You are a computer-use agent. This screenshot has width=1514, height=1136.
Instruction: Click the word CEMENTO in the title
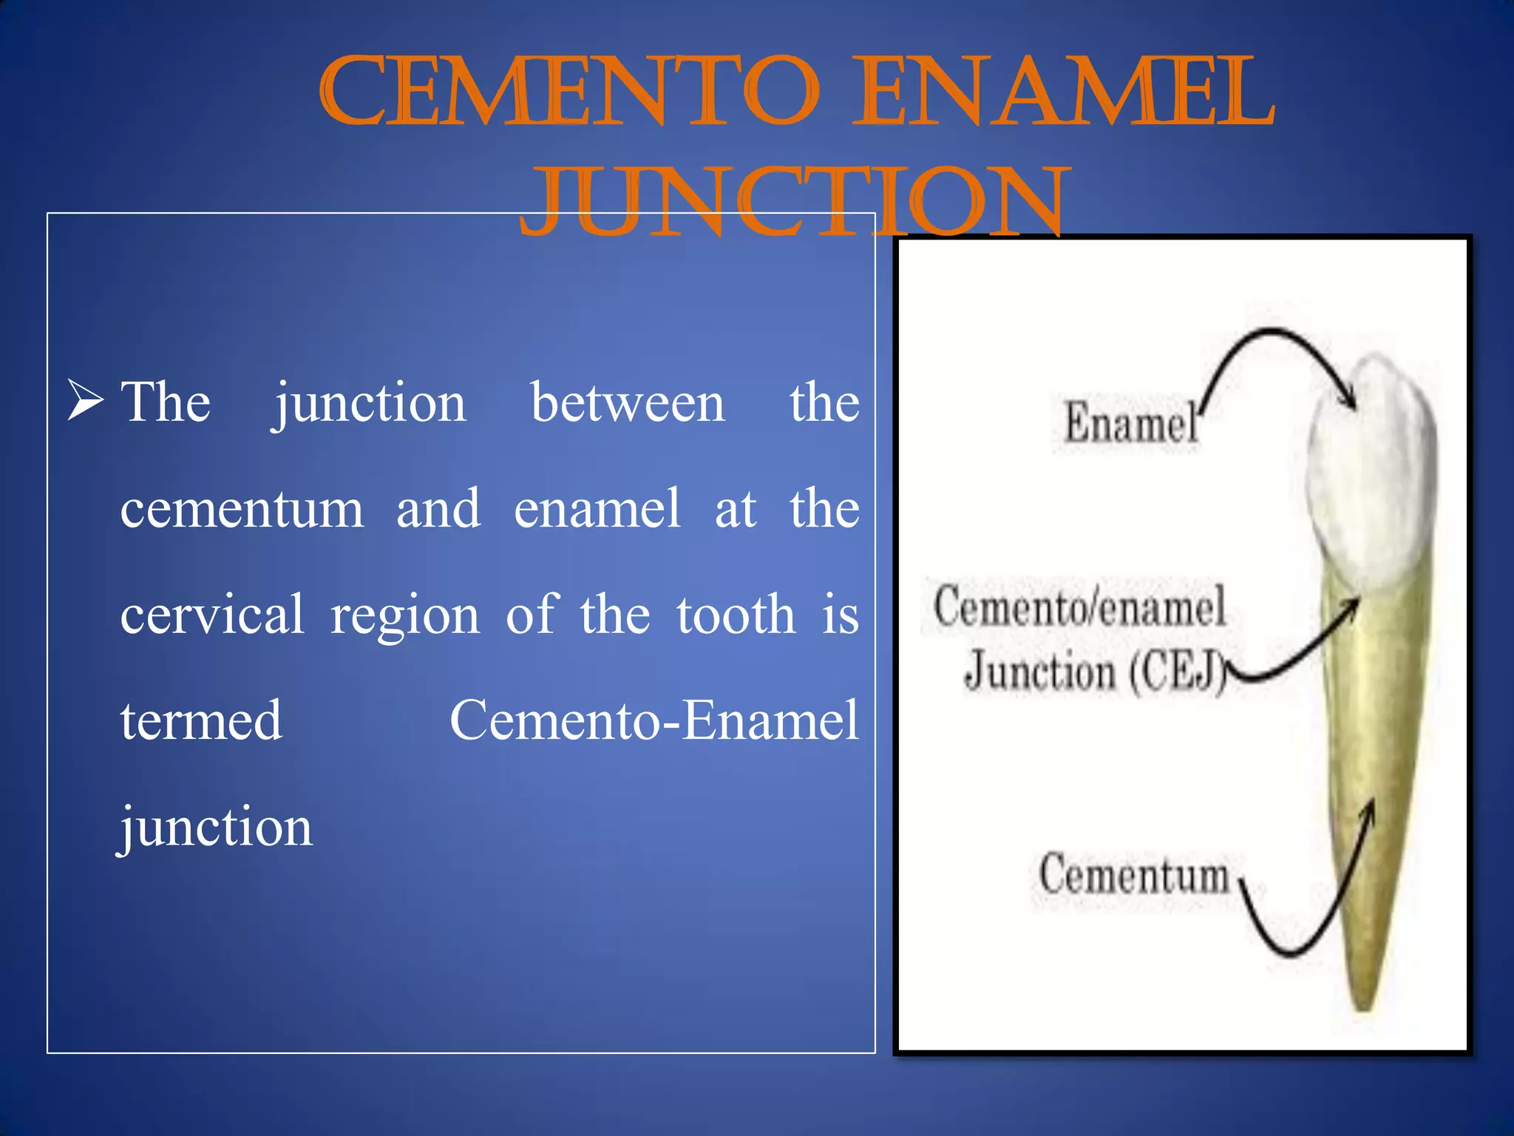tap(569, 92)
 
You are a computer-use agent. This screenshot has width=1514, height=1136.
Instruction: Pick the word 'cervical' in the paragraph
tap(211, 615)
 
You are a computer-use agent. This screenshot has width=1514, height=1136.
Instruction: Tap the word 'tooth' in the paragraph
tap(736, 615)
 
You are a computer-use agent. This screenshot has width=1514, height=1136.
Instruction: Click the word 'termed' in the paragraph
tap(201, 720)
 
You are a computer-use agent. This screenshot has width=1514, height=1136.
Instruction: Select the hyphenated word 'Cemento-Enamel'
tap(654, 720)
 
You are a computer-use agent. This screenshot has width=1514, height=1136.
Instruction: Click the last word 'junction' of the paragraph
tap(216, 827)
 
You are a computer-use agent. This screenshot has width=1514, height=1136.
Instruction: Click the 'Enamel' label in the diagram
tap(1130, 423)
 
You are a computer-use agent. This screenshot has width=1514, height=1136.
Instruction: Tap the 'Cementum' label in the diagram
tap(1133, 874)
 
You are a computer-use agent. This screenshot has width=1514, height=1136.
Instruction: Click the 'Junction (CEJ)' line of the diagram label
tap(1094, 672)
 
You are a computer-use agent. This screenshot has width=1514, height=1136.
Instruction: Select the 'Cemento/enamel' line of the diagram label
tap(1079, 606)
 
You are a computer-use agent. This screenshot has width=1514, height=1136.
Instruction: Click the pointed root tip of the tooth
tap(1362, 1002)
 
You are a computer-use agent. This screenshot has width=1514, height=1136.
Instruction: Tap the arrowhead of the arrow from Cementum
tap(1370, 810)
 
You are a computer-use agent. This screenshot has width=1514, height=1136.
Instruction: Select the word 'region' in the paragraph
tap(404, 615)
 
